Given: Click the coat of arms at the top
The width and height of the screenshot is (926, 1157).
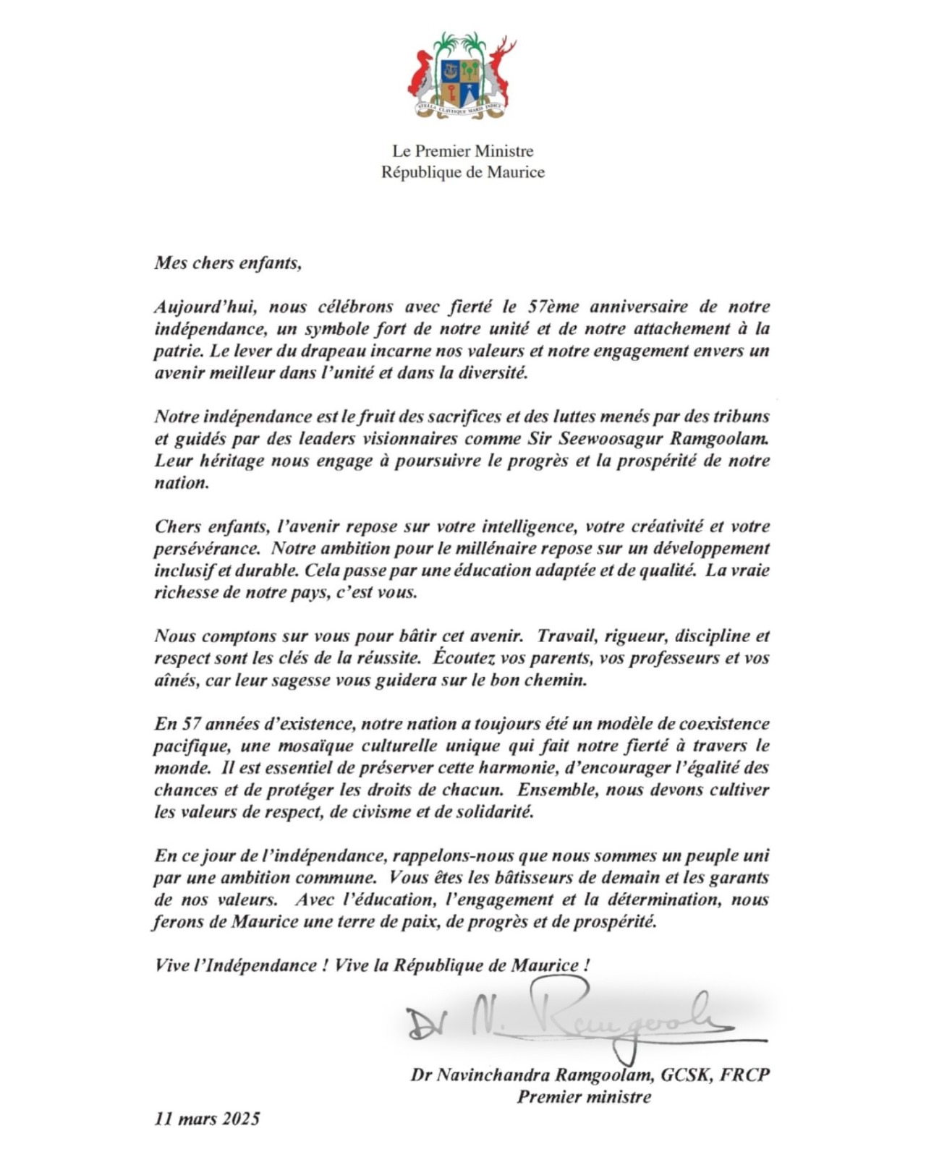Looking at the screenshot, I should coord(462,75).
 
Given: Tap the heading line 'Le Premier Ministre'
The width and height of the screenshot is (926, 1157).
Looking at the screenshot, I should coord(463,151).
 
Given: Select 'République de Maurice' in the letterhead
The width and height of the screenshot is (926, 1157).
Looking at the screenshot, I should coord(463,172).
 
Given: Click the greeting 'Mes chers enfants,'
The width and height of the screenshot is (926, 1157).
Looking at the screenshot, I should coord(227,262).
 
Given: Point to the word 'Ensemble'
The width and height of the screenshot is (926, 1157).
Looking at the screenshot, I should coord(557,790).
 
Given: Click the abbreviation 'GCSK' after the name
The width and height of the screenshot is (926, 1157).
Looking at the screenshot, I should coord(686,1075).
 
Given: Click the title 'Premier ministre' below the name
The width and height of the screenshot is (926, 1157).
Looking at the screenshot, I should coord(584,1097).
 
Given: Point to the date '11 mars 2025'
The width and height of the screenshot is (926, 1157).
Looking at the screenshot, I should coord(207,1119).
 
